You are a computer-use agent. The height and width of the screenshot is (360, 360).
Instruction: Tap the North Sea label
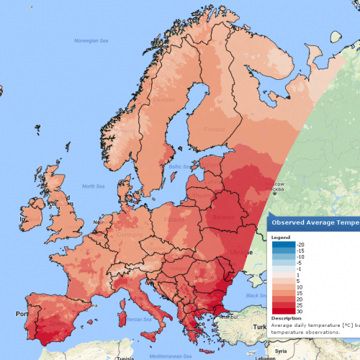coord(94,186)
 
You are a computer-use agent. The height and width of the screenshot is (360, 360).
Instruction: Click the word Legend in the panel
coord(281,237)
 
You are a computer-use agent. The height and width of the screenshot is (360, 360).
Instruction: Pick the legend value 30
coord(289,310)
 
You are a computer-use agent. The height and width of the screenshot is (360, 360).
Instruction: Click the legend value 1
coord(289,274)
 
